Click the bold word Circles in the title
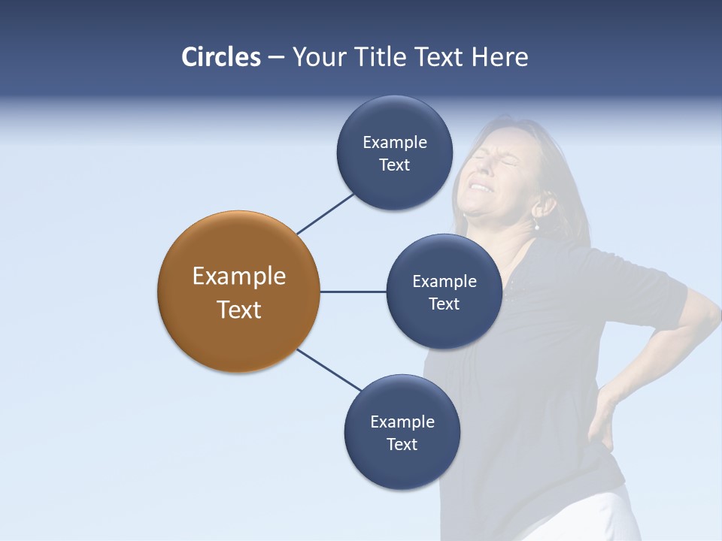pyautogui.click(x=221, y=57)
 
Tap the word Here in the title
pyautogui.click(x=499, y=57)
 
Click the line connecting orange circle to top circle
pyautogui.click(x=325, y=213)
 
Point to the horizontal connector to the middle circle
pyautogui.click(x=353, y=292)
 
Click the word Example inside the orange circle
pyautogui.click(x=239, y=277)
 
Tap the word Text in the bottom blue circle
pyautogui.click(x=402, y=444)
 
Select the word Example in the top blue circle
pyautogui.click(x=395, y=143)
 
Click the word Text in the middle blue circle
pyautogui.click(x=444, y=304)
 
